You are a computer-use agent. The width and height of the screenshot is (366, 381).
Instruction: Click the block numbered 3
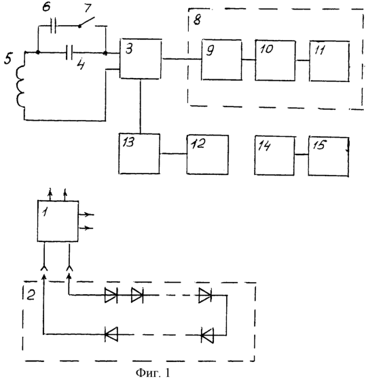(x=141, y=59)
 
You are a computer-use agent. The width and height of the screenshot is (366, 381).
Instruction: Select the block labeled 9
(x=221, y=60)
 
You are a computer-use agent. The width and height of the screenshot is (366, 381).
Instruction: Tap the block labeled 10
(x=275, y=60)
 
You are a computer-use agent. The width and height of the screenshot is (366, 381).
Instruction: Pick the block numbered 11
(x=329, y=61)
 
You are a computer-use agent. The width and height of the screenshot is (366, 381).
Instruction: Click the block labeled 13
(x=139, y=154)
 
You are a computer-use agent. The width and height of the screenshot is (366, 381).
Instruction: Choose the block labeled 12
(x=208, y=155)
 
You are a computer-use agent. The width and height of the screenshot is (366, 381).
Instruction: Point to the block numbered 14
(x=274, y=155)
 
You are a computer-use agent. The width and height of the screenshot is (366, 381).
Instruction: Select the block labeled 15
(x=329, y=157)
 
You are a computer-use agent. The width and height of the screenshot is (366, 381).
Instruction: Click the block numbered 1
(x=58, y=221)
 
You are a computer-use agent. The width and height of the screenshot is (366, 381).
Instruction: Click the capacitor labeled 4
(x=69, y=52)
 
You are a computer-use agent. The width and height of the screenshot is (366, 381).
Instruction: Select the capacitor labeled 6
(x=54, y=26)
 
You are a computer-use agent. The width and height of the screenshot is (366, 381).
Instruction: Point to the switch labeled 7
(x=87, y=22)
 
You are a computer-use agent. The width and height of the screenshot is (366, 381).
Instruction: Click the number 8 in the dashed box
(x=197, y=20)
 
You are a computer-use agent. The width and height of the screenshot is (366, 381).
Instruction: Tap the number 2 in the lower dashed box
(x=31, y=295)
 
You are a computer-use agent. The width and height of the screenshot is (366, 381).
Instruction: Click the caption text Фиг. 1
(x=153, y=373)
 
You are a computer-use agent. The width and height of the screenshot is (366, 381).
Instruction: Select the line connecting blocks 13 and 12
(x=173, y=154)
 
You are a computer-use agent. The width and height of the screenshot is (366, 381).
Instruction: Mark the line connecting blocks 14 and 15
(x=301, y=155)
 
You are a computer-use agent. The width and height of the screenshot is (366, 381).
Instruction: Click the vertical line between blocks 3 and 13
(x=141, y=106)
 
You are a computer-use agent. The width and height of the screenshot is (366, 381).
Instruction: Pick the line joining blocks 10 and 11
(x=302, y=60)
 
